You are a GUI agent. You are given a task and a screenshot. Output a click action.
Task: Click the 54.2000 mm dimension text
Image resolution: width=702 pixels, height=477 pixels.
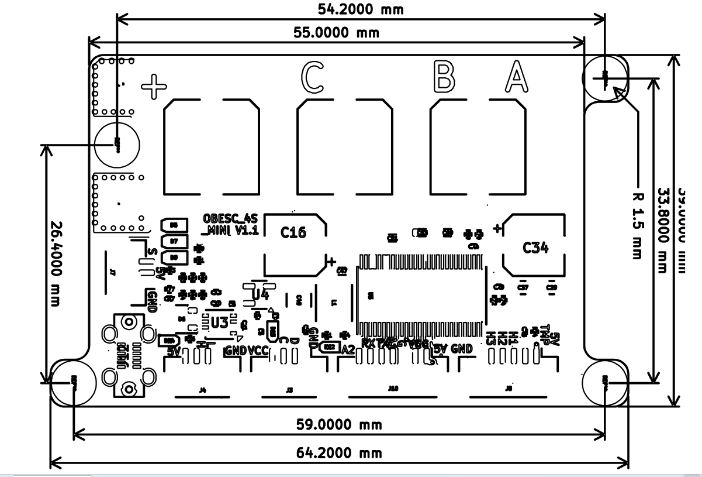point(361,9)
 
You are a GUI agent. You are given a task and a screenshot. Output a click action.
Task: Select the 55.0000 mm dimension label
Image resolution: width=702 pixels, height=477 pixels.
point(336,33)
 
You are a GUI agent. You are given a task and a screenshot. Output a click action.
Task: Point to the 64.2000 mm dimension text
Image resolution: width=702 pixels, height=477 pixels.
point(338,453)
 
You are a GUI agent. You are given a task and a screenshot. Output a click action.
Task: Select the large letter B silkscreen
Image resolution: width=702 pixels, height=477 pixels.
point(444,76)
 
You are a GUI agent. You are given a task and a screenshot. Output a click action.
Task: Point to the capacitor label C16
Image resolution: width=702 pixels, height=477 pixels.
point(293,233)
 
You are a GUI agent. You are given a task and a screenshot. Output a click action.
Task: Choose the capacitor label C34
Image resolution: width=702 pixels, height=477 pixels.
point(535,248)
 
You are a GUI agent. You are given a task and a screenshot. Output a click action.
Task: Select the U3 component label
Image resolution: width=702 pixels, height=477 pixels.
point(220,322)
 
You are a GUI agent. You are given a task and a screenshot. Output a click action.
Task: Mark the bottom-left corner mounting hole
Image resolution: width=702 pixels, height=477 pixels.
point(72,383)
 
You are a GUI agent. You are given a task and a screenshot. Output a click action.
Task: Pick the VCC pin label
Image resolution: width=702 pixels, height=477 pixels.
point(258,351)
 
